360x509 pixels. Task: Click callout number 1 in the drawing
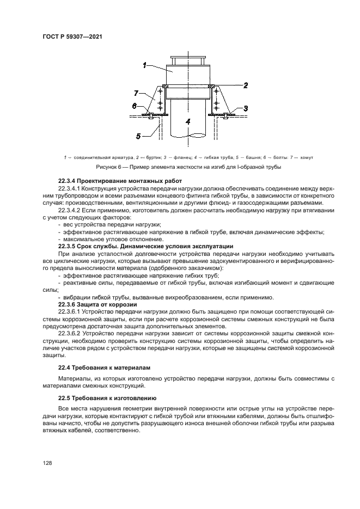point(145,65)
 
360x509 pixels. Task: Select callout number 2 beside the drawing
point(246,85)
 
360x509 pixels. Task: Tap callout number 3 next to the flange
point(246,108)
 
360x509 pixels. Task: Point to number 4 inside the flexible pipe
point(187,122)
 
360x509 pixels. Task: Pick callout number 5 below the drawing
point(138,136)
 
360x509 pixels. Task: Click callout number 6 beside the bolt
point(134,106)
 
